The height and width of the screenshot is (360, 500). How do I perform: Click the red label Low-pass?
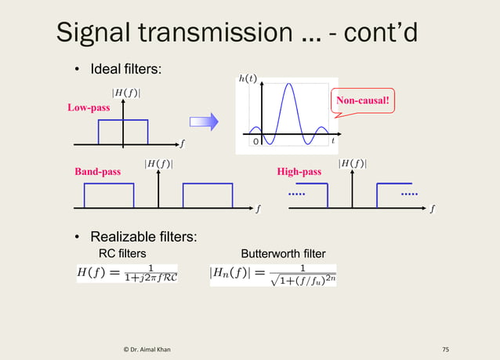click(88, 107)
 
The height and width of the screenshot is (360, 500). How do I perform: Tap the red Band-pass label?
click(97, 171)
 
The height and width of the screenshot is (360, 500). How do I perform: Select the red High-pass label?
click(299, 171)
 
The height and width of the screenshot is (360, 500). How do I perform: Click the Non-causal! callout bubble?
click(363, 100)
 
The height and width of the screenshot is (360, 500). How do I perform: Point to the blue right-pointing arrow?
click(203, 122)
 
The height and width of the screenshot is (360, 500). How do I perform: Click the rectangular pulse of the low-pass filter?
click(122, 132)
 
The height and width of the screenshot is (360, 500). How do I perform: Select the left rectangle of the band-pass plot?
click(109, 195)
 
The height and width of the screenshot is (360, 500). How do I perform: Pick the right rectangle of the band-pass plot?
click(208, 195)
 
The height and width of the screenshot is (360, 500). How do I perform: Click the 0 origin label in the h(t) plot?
click(255, 142)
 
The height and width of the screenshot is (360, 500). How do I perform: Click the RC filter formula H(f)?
click(127, 275)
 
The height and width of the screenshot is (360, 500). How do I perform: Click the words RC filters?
click(121, 253)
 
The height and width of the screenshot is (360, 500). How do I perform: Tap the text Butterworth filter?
click(283, 253)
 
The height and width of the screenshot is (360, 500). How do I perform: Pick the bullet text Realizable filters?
click(143, 237)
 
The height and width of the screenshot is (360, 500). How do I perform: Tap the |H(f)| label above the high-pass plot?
click(353, 163)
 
